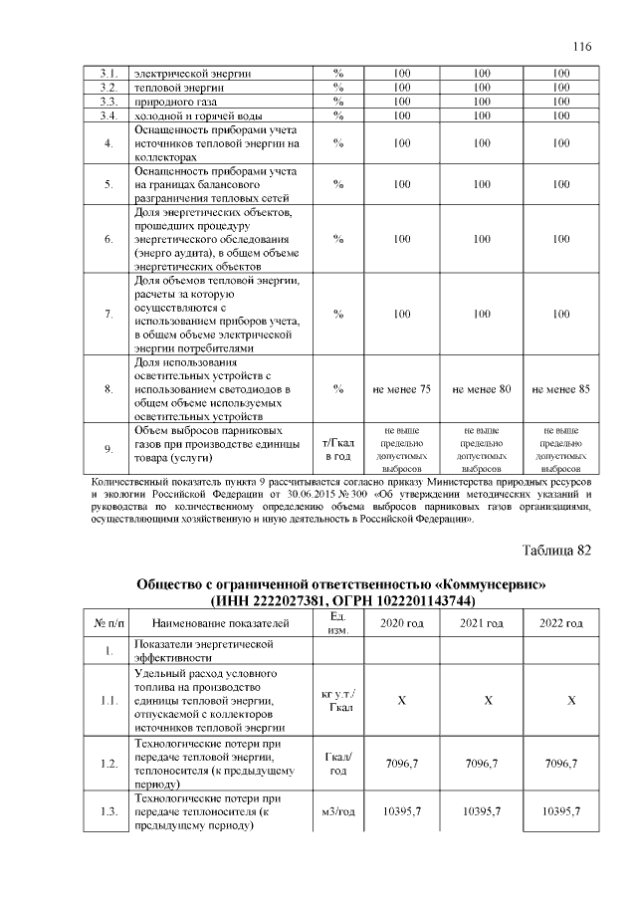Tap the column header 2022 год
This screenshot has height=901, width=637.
561,623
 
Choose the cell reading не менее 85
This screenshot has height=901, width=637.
561,389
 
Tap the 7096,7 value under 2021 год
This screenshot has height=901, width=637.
482,763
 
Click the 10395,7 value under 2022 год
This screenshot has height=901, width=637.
561,812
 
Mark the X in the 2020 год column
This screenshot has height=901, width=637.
402,701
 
